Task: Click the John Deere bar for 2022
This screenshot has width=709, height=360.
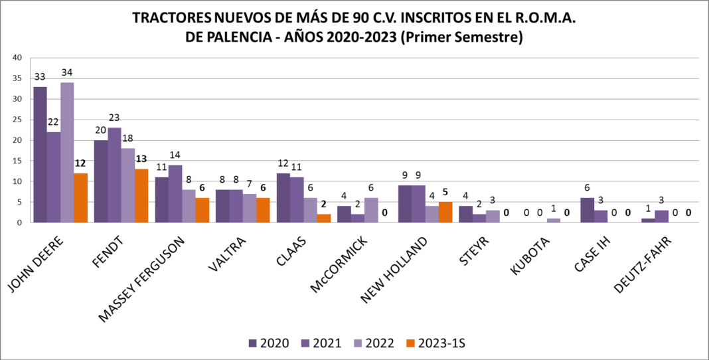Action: click(x=67, y=153)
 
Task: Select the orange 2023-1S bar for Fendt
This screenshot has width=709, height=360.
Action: click(x=141, y=196)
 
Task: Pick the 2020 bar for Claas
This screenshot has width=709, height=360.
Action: click(x=283, y=198)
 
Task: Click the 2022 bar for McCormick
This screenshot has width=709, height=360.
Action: click(x=371, y=211)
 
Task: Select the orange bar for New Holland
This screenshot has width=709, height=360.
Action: click(x=445, y=213)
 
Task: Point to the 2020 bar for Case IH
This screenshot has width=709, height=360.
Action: click(x=587, y=211)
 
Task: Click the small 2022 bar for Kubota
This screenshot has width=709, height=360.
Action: click(x=553, y=221)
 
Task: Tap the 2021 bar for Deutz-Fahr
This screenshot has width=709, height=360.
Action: click(x=661, y=217)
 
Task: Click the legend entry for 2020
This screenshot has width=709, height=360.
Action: click(x=269, y=343)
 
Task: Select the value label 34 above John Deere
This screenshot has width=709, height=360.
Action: click(x=67, y=72)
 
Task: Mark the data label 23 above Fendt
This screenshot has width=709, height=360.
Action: click(x=114, y=118)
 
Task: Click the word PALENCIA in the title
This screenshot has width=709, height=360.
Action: click(x=235, y=37)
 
